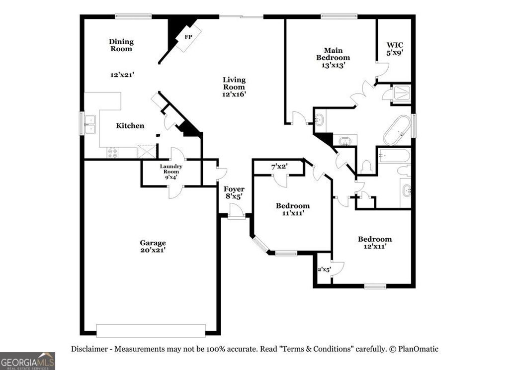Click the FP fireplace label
tap(188, 37)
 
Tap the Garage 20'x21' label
tap(153, 247)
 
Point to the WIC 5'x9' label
tap(395, 49)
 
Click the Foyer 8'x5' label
tap(234, 192)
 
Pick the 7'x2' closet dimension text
tap(280, 167)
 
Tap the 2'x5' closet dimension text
tap(324, 270)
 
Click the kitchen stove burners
tap(112, 153)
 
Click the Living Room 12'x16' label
tap(234, 87)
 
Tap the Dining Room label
tap(121, 45)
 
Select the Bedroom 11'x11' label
tap(293, 209)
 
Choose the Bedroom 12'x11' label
tap(375, 242)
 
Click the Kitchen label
tap(130, 126)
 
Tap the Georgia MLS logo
tap(27, 361)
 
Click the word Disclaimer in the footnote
tap(90, 349)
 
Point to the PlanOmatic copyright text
tap(414, 349)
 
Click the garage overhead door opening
tap(151, 331)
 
